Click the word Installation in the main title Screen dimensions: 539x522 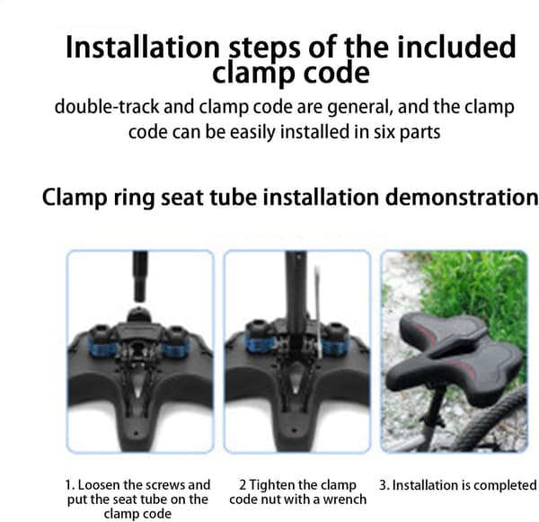pos(143,47)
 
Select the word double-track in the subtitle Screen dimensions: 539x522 pos(107,107)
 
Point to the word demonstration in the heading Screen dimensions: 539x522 pos(462,197)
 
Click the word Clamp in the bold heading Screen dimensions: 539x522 pos(75,198)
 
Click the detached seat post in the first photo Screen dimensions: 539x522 pos(140,276)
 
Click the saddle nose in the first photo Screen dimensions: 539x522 pos(137,434)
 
